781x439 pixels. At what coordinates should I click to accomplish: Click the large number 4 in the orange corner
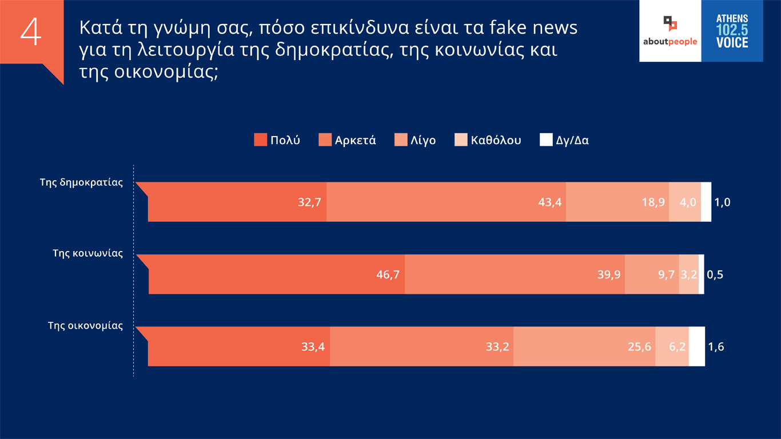coord(31,33)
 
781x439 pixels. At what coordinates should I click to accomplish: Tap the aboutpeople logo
coord(670,31)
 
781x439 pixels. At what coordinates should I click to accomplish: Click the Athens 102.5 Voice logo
coord(732,31)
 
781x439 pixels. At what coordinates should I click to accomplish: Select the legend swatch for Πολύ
coord(260,140)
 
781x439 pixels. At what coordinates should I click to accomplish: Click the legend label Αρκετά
coord(355,140)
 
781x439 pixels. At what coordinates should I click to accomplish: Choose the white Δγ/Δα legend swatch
coord(546,140)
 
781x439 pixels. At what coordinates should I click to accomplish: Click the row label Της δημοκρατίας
coord(81,183)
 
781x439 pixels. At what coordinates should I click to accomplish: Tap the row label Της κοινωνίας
coord(87,253)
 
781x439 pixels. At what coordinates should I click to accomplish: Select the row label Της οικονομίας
coord(85,326)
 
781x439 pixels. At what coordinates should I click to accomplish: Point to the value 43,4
coord(550,202)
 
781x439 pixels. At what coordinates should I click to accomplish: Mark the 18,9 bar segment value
coord(654,202)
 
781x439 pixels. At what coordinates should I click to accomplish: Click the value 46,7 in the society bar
coord(388,274)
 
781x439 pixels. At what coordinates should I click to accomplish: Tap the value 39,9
coord(609,274)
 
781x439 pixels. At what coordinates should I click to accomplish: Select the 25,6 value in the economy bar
coord(640,346)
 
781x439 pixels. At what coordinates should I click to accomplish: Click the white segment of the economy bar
coord(696,346)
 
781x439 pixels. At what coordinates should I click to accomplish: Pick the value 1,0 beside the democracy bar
coord(723,202)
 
